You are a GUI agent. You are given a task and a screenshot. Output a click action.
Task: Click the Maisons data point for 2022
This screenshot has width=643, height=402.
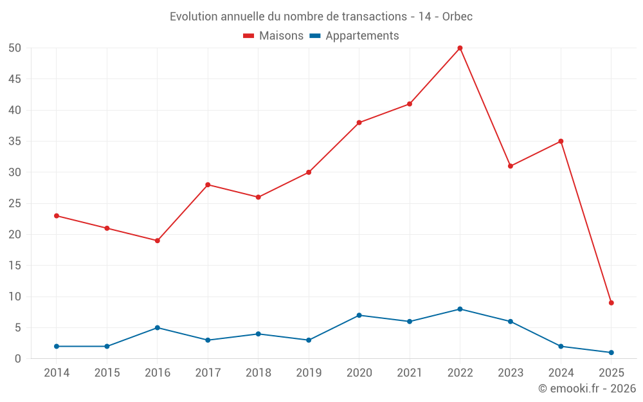point(460,48)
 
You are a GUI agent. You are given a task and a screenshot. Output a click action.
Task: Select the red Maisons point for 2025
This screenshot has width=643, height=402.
point(611,303)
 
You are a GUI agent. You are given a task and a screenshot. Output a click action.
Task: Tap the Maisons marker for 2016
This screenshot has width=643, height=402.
point(158,241)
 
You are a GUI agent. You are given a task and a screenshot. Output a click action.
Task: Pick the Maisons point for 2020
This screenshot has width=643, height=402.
point(359,122)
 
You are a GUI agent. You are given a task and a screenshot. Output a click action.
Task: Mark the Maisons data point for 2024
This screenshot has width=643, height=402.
point(561,141)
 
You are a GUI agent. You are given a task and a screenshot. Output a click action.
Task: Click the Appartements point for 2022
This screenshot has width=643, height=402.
point(460,309)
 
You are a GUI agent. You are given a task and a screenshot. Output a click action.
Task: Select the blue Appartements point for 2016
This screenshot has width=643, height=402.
point(158,327)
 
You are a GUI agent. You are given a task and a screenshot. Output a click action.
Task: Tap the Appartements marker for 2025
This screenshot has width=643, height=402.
point(611,352)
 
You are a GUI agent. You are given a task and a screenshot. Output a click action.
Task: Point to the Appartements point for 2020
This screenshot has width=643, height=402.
point(359,315)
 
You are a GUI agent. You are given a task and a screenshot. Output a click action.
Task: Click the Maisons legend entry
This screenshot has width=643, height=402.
point(273,36)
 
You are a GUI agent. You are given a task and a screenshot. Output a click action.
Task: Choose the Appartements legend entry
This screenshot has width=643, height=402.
point(354,36)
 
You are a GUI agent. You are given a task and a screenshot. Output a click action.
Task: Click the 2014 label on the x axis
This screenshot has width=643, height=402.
point(57,372)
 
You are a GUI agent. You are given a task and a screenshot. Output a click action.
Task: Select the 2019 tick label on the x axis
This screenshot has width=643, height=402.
point(309,372)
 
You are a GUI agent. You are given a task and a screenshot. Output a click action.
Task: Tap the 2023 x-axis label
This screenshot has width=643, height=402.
point(511,372)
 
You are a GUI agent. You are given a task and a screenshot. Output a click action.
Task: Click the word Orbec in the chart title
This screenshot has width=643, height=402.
point(457,17)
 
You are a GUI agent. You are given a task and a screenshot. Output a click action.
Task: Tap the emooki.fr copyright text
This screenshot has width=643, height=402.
point(587,388)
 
